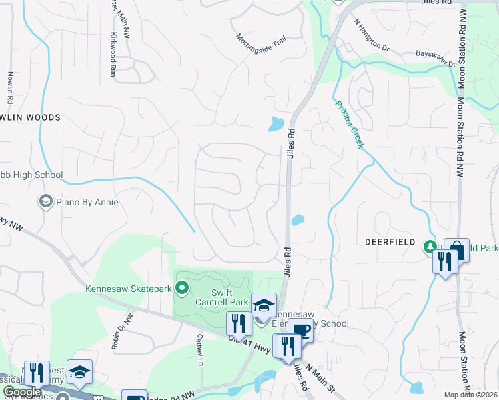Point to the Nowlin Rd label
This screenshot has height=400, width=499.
pyautogui.click(x=10, y=87)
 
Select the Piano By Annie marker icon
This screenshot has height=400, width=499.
pyautogui.click(x=45, y=201)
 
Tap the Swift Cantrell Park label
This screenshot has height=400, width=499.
pyautogui.click(x=230, y=297)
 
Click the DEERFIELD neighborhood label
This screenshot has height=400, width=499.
pyautogui.click(x=390, y=242)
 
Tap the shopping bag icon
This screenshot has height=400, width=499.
pyautogui.click(x=457, y=251)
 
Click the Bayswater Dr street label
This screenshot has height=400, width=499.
pyautogui.click(x=435, y=58)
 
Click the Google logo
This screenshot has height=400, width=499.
pyautogui.click(x=23, y=392)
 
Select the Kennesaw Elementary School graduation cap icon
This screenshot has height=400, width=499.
pyautogui.click(x=264, y=305)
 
